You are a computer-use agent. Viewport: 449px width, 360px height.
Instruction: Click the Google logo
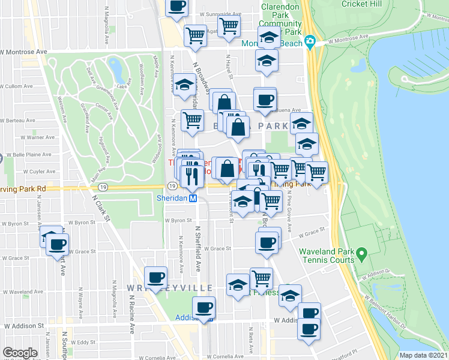20,353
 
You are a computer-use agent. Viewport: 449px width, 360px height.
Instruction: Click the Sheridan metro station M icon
193,198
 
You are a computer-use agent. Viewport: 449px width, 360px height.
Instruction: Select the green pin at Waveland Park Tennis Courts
361,255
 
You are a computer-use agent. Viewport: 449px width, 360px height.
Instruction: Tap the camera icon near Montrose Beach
310,41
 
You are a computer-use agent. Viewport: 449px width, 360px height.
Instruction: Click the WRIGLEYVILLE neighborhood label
170,289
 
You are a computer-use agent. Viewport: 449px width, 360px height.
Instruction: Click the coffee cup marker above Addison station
204,307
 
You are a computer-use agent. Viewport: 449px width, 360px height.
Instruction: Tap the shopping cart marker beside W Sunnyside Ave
229,26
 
